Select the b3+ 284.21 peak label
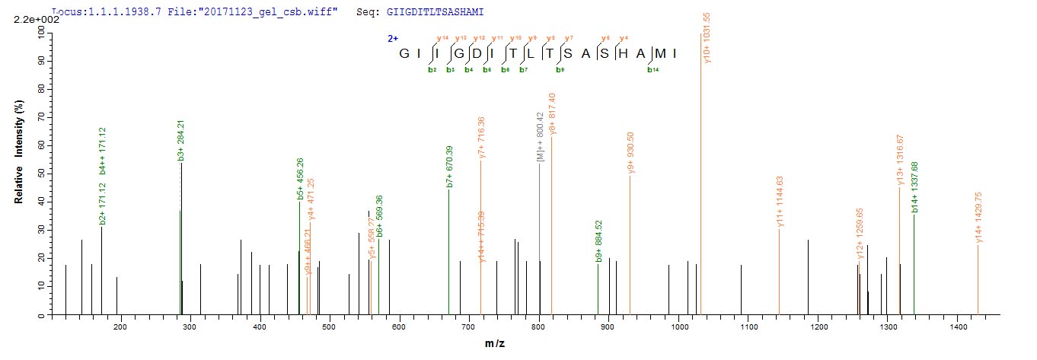180,140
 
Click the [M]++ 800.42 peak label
540,137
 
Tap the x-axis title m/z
495,344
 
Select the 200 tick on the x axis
120,327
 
